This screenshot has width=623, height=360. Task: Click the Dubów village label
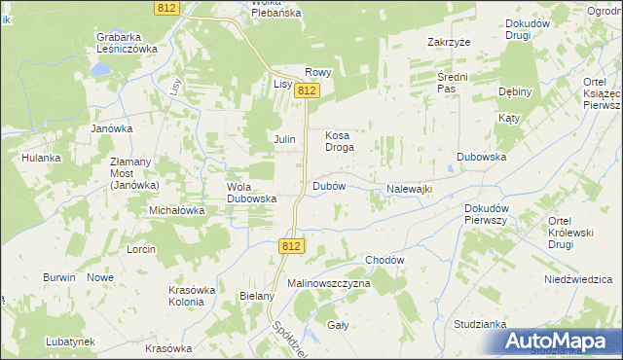[x=329, y=186]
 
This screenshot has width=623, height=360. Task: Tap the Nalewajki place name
[x=409, y=189]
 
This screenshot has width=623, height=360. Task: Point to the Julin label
[x=284, y=140]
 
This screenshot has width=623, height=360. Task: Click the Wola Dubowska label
[x=252, y=193]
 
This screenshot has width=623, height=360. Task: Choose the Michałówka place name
[x=176, y=210]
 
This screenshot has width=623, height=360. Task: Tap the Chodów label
[x=385, y=261]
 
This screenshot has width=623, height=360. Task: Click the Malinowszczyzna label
[x=329, y=282]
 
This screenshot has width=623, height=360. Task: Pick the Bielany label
[x=257, y=295]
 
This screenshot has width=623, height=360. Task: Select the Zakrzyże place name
[x=449, y=43]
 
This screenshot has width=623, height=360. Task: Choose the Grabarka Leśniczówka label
[x=127, y=43]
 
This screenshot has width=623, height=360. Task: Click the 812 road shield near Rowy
[x=308, y=90]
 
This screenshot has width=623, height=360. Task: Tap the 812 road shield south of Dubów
[x=290, y=247]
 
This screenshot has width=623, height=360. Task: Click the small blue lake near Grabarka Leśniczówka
[x=99, y=70]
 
